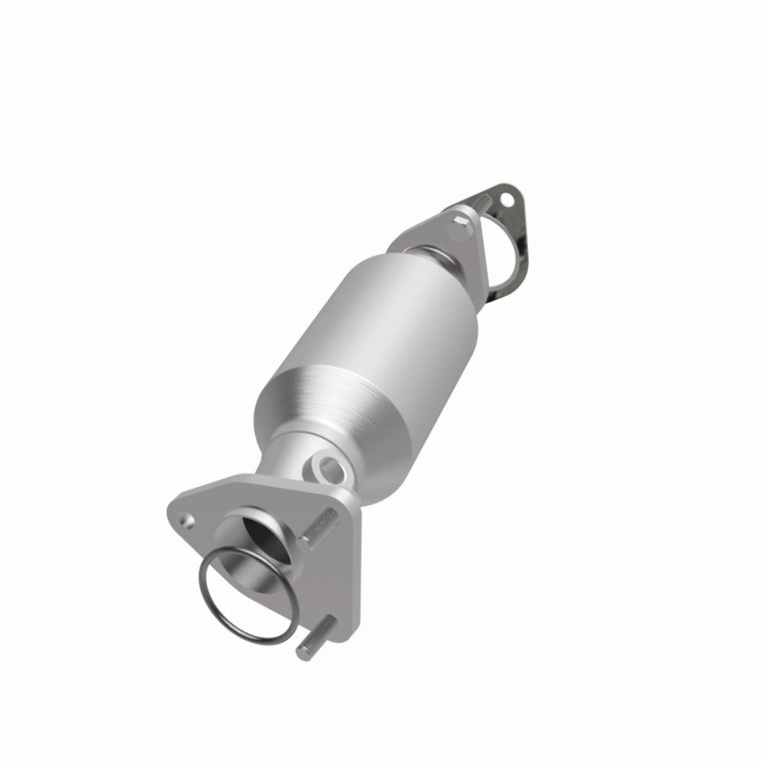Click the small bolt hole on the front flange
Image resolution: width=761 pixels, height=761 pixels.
coord(184,521)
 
